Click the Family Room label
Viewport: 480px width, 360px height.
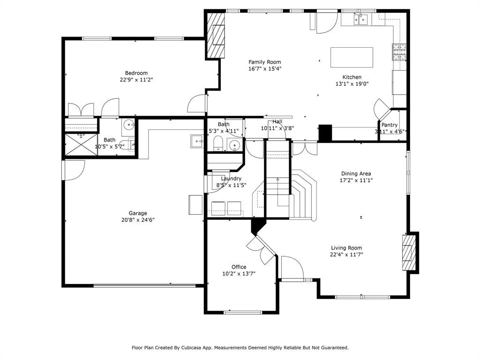[264, 62]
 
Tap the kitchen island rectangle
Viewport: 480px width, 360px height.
[352, 57]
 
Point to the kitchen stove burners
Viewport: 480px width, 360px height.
[399, 52]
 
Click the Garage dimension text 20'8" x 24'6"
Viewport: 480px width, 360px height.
[138, 220]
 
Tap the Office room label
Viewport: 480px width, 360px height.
[239, 267]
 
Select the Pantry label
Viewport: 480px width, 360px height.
[390, 125]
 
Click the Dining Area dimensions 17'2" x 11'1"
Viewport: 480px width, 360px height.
[356, 180]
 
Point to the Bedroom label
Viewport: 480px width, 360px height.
[136, 73]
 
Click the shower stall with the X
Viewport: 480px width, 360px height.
[81, 144]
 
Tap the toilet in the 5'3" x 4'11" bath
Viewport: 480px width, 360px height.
[218, 144]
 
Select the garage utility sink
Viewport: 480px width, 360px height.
[196, 141]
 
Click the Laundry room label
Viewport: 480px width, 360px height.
[231, 179]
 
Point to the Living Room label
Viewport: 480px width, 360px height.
[346, 248]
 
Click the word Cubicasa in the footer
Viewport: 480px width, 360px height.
[192, 348]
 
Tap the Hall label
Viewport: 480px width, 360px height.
[277, 121]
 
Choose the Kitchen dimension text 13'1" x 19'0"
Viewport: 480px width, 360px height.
[352, 84]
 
